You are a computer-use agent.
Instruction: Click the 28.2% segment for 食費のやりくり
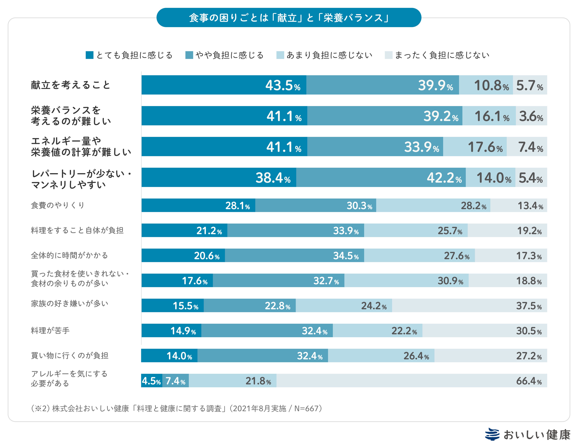point(433,205)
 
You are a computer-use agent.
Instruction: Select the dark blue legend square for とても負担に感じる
point(90,55)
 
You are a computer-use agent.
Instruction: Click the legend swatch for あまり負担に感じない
point(280,55)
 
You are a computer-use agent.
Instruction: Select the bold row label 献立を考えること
point(71,85)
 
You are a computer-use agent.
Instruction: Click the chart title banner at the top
point(289,18)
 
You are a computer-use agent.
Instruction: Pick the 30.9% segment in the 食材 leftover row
point(406,280)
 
